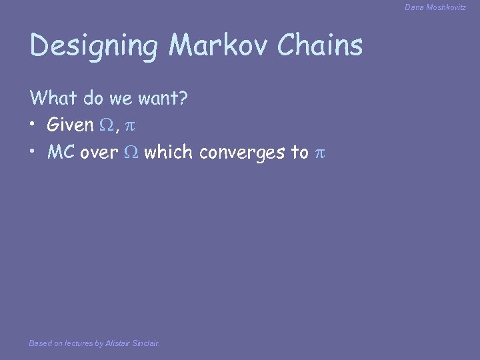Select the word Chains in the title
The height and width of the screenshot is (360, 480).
321,46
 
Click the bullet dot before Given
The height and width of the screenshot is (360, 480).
33,125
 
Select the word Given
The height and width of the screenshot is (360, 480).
70,125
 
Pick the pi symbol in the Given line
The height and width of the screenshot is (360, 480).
130,125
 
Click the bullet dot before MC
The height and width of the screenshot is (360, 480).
33,152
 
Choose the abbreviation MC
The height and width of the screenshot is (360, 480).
61,152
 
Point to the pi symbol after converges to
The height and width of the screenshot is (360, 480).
319,152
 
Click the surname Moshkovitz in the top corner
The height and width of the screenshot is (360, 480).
447,7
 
